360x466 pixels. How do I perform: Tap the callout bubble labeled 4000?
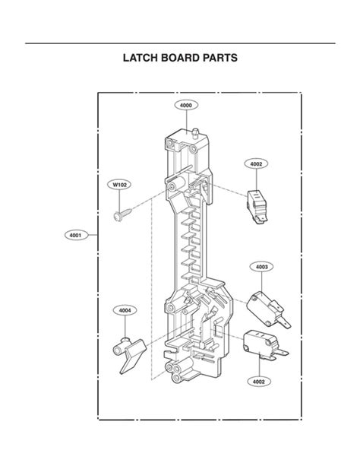[x=186, y=105]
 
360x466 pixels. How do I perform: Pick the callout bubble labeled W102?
[x=119, y=185]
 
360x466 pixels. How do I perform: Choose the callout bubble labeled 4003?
[x=262, y=267]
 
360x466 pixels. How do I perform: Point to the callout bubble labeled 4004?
[x=125, y=311]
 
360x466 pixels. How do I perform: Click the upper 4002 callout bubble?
[x=257, y=163]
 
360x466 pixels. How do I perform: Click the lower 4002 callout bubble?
[x=259, y=382]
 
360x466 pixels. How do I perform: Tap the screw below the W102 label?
[x=123, y=215]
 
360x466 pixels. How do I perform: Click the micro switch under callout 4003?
[x=268, y=310]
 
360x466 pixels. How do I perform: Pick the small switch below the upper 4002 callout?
[x=257, y=207]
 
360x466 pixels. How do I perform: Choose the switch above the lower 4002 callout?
[x=265, y=345]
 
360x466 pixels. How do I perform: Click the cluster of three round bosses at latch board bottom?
[x=175, y=372]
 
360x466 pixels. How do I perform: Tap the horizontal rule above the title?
[x=180, y=43]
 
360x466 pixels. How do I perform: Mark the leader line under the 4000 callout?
[x=186, y=122]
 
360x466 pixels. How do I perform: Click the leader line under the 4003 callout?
[x=262, y=282]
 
